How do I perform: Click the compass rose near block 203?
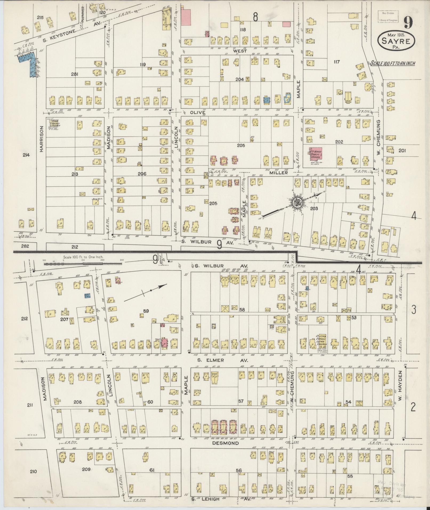point(296,203)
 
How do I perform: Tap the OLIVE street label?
point(198,113)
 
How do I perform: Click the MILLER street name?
point(279,173)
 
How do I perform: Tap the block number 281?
point(74,74)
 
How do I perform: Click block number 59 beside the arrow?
point(146,311)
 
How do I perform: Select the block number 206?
point(142,174)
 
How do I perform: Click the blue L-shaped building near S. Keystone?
point(30,63)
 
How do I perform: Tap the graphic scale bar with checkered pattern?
point(83,264)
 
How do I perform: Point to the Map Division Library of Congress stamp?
point(388,16)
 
